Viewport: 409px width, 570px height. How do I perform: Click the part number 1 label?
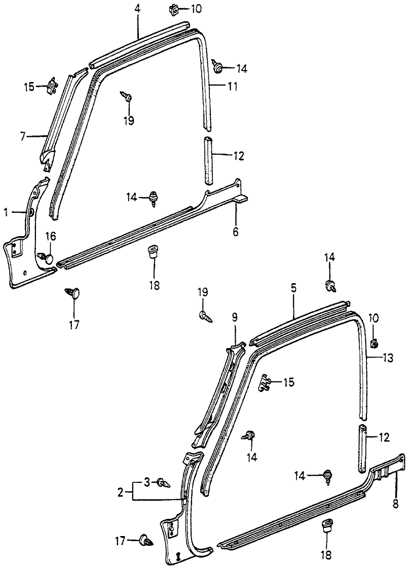pyautogui.click(x=6, y=213)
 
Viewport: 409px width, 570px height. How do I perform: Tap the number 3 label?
pyautogui.click(x=147, y=482)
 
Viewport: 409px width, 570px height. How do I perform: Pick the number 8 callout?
pyautogui.click(x=395, y=505)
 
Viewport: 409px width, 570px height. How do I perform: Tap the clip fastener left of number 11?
pyautogui.click(x=219, y=67)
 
